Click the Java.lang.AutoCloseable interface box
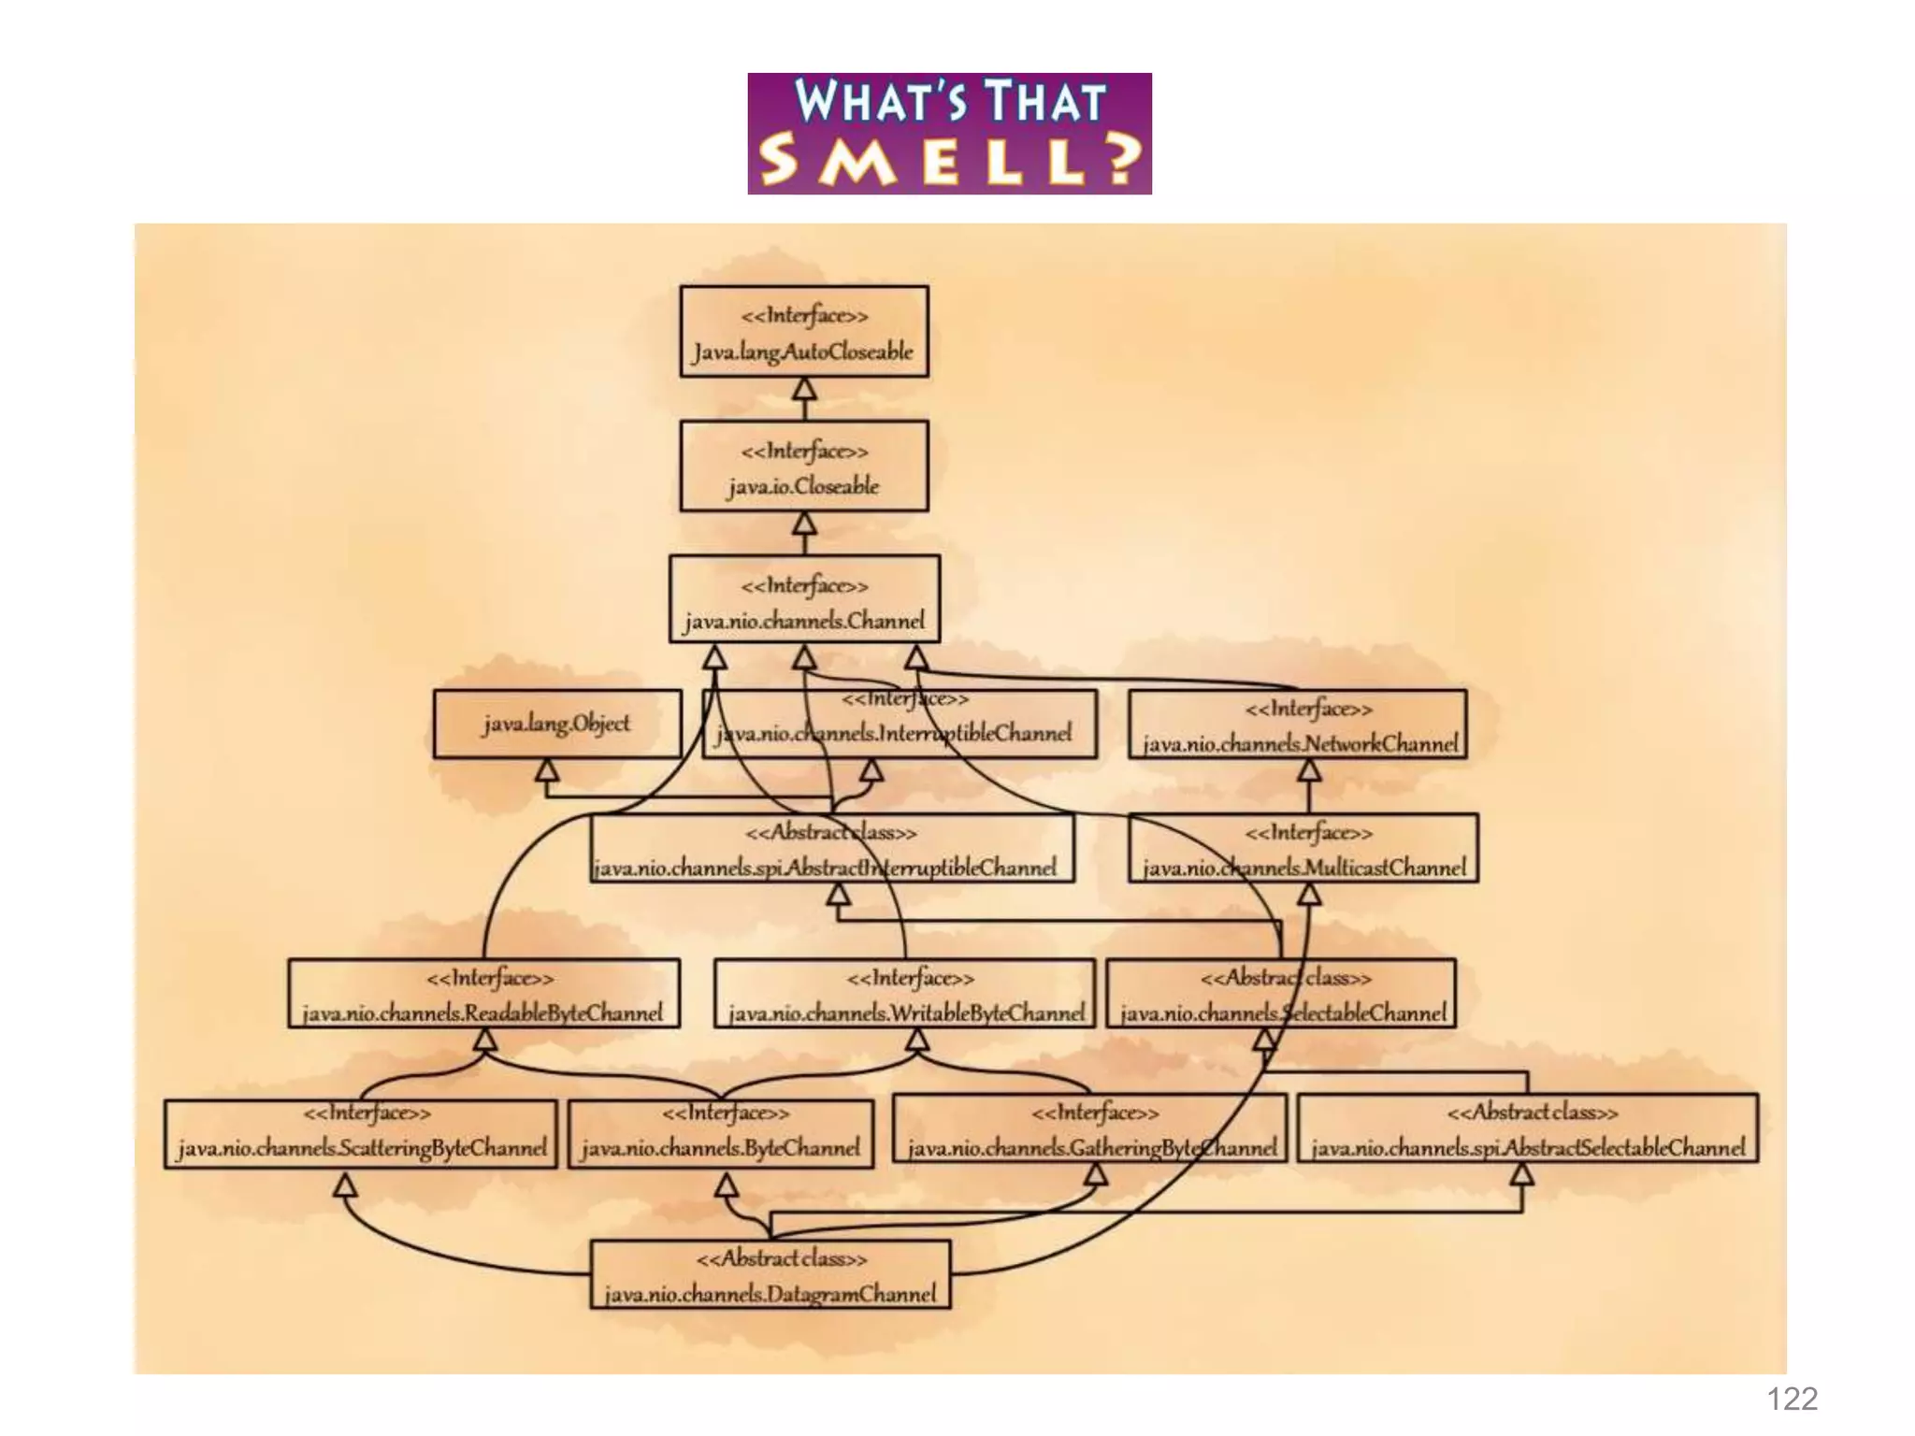(x=804, y=332)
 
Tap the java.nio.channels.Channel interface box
(x=804, y=599)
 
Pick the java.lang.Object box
(x=557, y=724)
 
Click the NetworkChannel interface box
(x=1298, y=725)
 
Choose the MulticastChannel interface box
(x=1303, y=848)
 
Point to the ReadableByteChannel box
(x=483, y=994)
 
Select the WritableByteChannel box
(x=904, y=994)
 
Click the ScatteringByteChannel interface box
(x=361, y=1133)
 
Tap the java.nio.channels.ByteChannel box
(x=721, y=1133)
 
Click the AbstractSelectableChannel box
(x=1528, y=1128)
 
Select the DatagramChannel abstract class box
(x=770, y=1275)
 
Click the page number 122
(x=1792, y=1399)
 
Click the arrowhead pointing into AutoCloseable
(x=804, y=388)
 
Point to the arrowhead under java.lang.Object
(x=547, y=770)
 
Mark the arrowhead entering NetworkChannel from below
(x=1309, y=770)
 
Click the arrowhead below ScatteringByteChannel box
(x=346, y=1185)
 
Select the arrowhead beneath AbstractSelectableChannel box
(x=1522, y=1174)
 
